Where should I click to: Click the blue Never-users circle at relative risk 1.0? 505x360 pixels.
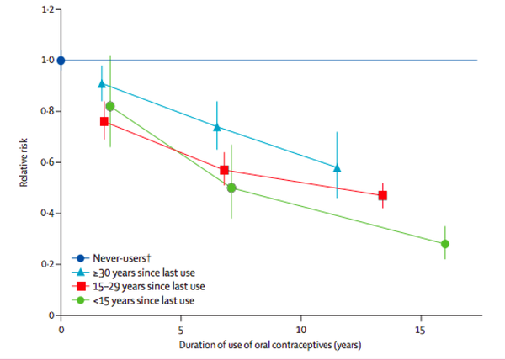61,61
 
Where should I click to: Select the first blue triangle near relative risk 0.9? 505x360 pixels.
102,83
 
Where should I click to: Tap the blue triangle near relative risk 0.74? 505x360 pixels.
217,127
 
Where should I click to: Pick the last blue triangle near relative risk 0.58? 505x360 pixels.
337,167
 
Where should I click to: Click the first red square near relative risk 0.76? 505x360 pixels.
104,121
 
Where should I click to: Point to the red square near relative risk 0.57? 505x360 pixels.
224,170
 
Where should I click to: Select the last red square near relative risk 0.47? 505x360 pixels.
383,195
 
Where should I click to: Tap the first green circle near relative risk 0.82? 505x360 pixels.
110,106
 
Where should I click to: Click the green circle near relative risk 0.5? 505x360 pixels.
231,188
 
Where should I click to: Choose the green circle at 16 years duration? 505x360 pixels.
444,244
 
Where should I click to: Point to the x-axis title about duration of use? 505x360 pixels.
260,346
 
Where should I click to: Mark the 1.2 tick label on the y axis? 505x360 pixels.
45,9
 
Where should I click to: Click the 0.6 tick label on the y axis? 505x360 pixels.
45,162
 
